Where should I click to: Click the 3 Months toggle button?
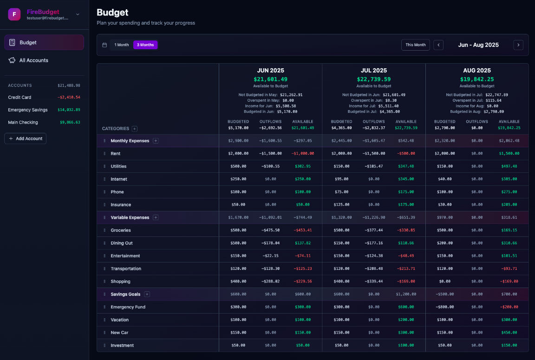pyautogui.click(x=145, y=45)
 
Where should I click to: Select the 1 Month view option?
pyautogui.click(x=122, y=45)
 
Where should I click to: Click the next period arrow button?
pyautogui.click(x=518, y=45)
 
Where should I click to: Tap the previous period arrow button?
pyautogui.click(x=438, y=45)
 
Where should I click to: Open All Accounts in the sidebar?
pyautogui.click(x=34, y=60)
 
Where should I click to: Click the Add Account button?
pyautogui.click(x=26, y=138)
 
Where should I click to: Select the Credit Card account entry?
pyautogui.click(x=20, y=98)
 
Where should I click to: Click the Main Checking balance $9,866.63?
pyautogui.click(x=70, y=123)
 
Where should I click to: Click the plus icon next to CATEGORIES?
pyautogui.click(x=135, y=129)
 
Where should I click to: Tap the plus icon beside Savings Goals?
pyautogui.click(x=147, y=294)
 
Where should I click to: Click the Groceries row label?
pyautogui.click(x=121, y=230)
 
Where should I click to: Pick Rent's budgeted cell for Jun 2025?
pyautogui.click(x=238, y=153)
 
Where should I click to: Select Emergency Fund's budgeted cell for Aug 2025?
pyautogui.click(x=445, y=307)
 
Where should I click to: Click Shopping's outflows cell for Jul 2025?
pyautogui.click(x=374, y=281)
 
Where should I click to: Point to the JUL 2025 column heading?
pyautogui.click(x=373, y=71)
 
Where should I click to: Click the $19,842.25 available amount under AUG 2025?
pyautogui.click(x=477, y=79)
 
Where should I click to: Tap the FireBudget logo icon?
pyautogui.click(x=14, y=14)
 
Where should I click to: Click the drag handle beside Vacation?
pyautogui.click(x=104, y=320)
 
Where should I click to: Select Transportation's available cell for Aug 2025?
pyautogui.click(x=509, y=268)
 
